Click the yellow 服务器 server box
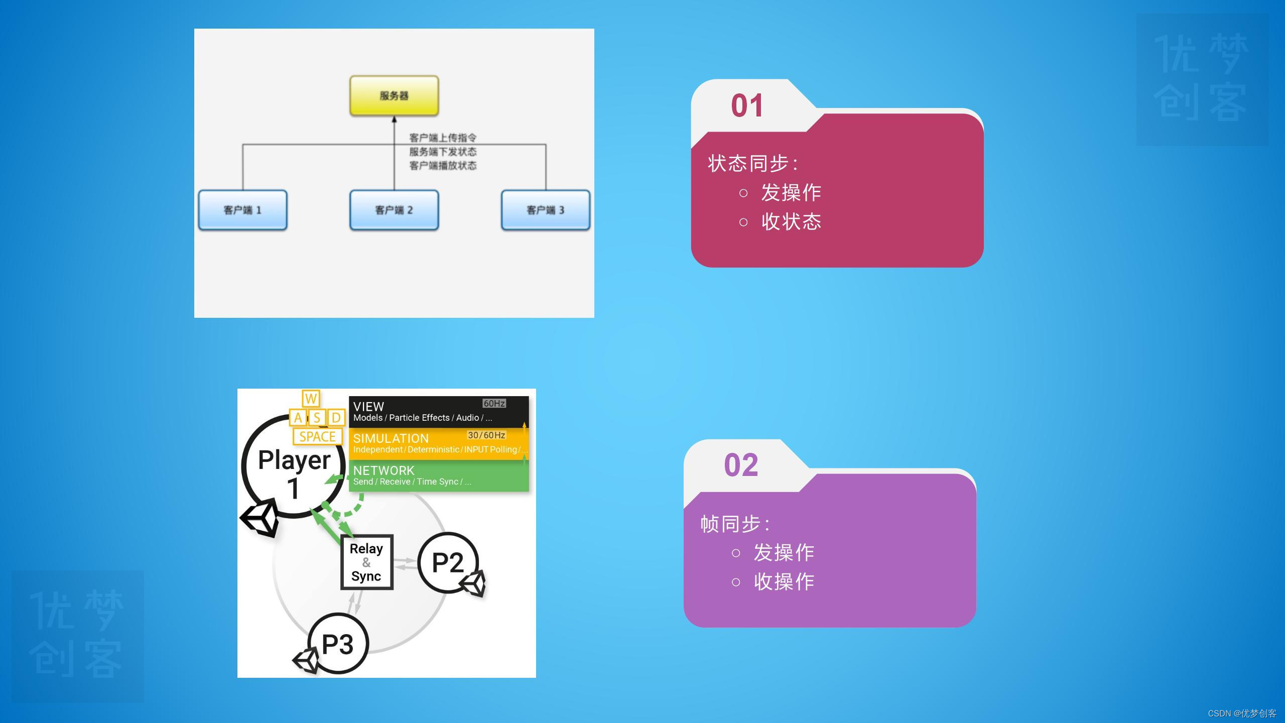coord(394,95)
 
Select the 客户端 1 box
coord(242,210)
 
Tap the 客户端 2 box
coord(394,210)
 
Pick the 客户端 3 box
coord(546,210)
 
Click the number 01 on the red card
coord(747,106)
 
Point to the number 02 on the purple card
coord(741,465)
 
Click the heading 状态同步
coord(750,164)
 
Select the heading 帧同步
coord(733,524)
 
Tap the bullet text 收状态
coord(791,221)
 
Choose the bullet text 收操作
coord(784,581)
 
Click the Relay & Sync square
coord(366,562)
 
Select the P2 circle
coord(448,562)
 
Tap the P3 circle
coord(338,644)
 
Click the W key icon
coord(311,399)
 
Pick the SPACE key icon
coord(317,437)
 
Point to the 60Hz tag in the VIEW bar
coord(494,404)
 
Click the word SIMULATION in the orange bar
coord(391,438)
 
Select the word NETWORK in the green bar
coord(383,470)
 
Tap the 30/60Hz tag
coord(486,435)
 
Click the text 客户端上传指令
coord(443,138)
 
